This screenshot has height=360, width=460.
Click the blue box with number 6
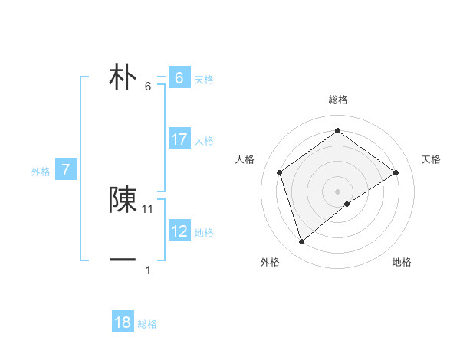tap(179, 78)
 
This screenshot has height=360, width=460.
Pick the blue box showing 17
tap(179, 139)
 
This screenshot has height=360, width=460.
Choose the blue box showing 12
tap(179, 231)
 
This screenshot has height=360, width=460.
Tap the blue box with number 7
tap(67, 170)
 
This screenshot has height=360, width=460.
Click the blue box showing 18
tap(123, 322)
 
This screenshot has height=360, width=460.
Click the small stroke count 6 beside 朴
tap(148, 87)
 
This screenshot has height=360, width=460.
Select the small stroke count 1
tap(148, 270)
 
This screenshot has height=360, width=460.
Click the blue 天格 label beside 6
tap(204, 79)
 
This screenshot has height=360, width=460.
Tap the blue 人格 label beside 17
tap(204, 141)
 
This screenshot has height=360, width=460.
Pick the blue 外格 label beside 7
tap(41, 172)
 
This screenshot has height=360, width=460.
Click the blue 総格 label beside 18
tap(148, 324)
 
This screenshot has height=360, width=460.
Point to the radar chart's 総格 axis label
tap(338, 100)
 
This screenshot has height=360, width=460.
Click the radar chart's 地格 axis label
tap(402, 262)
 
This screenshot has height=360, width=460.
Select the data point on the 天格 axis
tap(396, 172)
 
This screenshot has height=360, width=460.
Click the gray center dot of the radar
tap(338, 191)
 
